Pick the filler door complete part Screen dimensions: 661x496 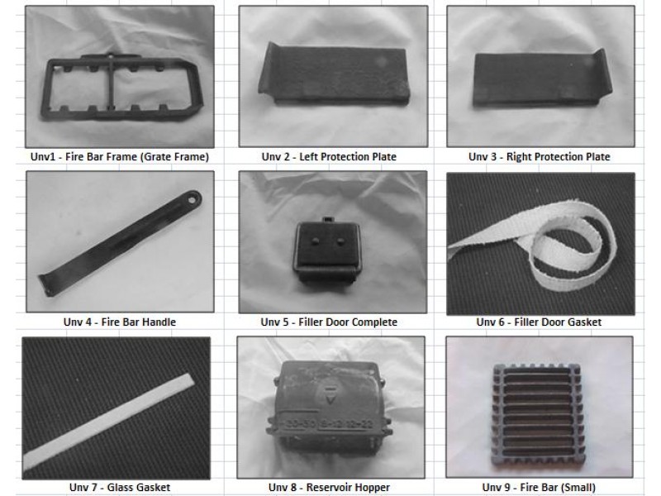point(327,250)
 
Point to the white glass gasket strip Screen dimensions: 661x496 point(109,422)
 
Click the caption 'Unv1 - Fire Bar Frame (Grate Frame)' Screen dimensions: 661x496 point(120,157)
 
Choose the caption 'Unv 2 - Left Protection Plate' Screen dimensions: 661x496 point(329,157)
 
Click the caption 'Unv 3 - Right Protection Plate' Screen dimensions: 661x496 point(540,157)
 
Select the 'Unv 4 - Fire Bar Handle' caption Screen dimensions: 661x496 point(120,322)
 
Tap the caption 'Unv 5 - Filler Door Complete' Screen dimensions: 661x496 point(329,322)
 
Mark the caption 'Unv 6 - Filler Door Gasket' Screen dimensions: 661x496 point(539,322)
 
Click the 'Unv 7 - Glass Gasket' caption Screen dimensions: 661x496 point(120,488)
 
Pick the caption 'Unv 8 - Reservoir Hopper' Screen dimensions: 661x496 point(329,488)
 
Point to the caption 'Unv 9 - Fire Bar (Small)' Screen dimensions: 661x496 point(539,488)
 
